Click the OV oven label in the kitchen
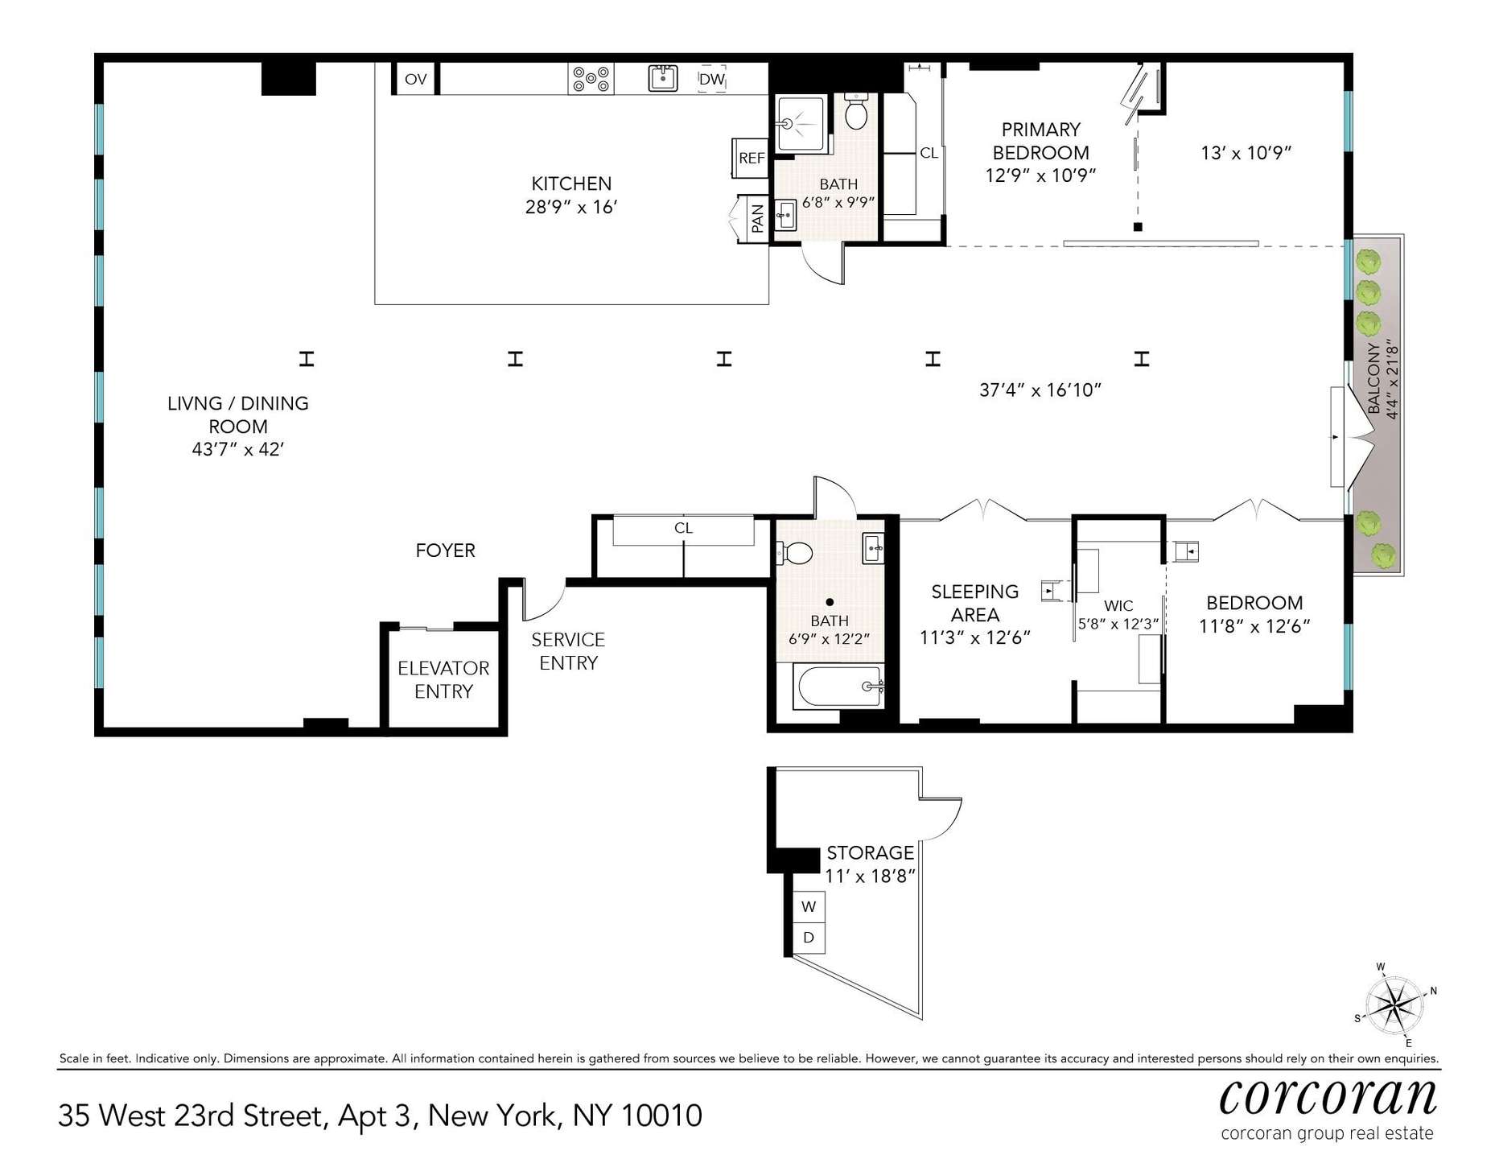pos(415,79)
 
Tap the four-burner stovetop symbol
pos(591,80)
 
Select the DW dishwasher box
pos(712,79)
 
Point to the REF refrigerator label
pos(752,158)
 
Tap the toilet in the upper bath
pos(857,112)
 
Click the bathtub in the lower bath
pos(838,687)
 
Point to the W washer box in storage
pos(809,906)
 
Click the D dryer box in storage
pos(809,938)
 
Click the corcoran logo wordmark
pos(1328,1096)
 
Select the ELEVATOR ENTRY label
pos(443,679)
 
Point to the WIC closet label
pos(1118,606)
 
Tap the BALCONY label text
pos(1373,379)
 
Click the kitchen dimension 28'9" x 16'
pos(571,207)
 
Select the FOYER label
pos(445,551)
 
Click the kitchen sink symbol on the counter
pos(662,79)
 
